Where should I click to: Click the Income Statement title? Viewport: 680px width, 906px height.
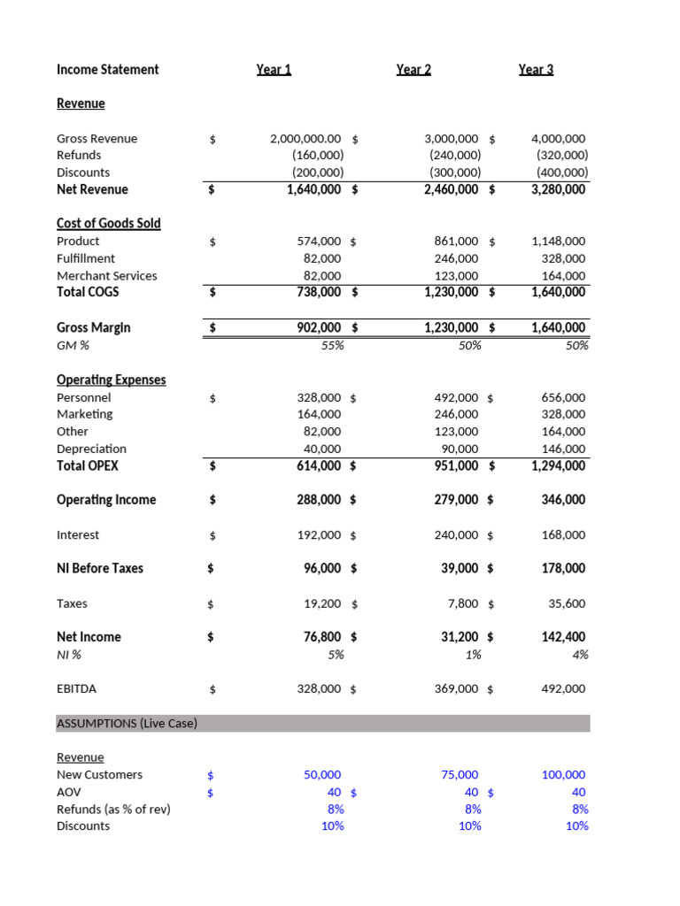pos(107,69)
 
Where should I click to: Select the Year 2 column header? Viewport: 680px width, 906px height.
pos(413,69)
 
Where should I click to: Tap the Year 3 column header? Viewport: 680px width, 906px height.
pos(536,69)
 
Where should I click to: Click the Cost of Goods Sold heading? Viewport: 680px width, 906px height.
pos(109,223)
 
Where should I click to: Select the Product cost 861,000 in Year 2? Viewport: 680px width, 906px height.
pos(456,241)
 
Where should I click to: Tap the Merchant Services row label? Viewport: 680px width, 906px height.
pos(106,275)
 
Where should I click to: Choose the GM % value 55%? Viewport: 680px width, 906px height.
pos(332,345)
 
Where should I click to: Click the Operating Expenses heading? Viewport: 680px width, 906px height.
pos(111,380)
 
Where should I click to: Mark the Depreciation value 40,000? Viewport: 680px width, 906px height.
pos(321,449)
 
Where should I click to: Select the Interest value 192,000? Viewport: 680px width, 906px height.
pos(319,534)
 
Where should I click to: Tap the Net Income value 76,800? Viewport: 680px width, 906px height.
pos(321,637)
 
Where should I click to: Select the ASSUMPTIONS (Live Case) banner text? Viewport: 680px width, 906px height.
pos(127,723)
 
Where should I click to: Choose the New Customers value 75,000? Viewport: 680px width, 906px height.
pos(460,774)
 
